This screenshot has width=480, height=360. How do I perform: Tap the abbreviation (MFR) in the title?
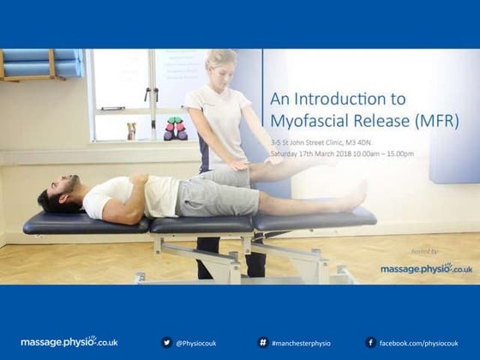point(435,121)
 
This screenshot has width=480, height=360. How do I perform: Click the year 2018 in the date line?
point(346,154)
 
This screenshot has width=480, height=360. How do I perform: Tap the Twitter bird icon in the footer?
point(166,342)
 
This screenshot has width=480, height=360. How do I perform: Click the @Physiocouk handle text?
point(196,343)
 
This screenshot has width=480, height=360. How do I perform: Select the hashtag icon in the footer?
point(262,342)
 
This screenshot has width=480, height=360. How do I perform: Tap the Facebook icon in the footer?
point(370,342)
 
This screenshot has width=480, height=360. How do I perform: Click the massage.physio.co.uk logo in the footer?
point(69,342)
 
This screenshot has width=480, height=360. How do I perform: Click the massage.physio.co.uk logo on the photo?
point(426,268)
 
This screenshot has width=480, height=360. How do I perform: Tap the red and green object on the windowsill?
point(175,128)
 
